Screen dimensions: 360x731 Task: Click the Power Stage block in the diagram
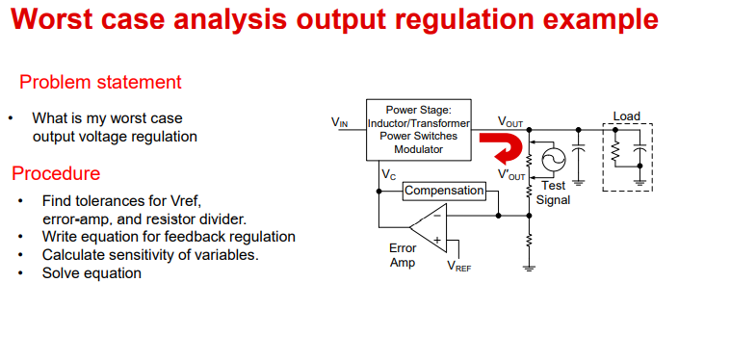(x=418, y=130)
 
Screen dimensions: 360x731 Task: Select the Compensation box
(x=444, y=191)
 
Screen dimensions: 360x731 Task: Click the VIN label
(x=340, y=122)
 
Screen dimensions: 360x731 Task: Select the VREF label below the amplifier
(x=458, y=267)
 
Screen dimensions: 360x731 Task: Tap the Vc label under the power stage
(x=388, y=175)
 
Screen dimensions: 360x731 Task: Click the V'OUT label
(x=511, y=175)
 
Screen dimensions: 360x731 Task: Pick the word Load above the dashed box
(x=626, y=116)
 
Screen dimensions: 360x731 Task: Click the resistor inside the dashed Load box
(x=615, y=153)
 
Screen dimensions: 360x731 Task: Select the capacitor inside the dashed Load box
(x=640, y=154)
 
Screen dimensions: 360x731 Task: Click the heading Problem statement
(x=100, y=82)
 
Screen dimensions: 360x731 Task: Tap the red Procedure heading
(x=56, y=174)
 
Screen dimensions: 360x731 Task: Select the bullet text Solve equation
(x=91, y=272)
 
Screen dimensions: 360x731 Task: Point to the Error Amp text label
(x=403, y=255)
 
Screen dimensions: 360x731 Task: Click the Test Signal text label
(x=554, y=193)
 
